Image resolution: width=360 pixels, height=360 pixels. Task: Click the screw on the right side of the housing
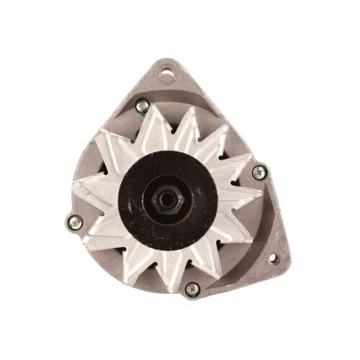pyautogui.click(x=258, y=171)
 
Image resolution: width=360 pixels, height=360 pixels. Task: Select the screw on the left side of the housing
pyautogui.click(x=72, y=222)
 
